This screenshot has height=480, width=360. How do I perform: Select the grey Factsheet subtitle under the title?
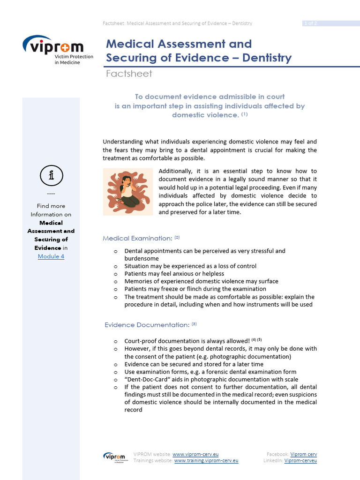click(x=129, y=74)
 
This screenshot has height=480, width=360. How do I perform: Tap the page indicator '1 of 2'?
click(x=310, y=23)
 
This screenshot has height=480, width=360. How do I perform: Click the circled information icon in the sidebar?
click(x=51, y=176)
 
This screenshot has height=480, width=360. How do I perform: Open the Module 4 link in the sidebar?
click(x=51, y=256)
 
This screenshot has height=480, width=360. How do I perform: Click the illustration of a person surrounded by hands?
click(x=128, y=191)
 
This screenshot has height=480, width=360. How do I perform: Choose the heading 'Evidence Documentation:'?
click(x=147, y=324)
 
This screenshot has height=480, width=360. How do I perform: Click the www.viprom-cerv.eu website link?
click(x=195, y=454)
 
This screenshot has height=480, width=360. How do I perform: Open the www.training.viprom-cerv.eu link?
click(x=206, y=461)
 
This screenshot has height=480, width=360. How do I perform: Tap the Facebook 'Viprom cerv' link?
click(x=303, y=454)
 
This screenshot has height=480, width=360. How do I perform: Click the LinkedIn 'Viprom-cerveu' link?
click(x=300, y=461)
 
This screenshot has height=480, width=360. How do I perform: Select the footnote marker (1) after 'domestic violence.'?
click(x=244, y=114)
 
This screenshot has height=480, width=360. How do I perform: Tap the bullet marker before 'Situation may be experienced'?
click(x=115, y=266)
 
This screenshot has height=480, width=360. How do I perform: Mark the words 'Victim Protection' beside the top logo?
click(x=74, y=56)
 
